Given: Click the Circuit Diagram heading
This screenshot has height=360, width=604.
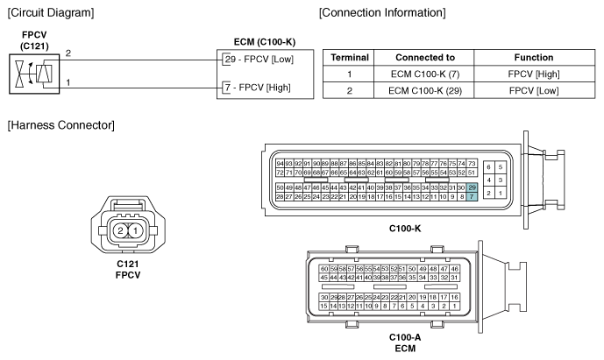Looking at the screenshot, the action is coord(51,13).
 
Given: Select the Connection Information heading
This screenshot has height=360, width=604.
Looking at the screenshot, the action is coord(382,13).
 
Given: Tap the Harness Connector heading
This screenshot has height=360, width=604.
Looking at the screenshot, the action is coord(60,125).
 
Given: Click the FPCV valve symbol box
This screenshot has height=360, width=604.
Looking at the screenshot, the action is coord(34,74).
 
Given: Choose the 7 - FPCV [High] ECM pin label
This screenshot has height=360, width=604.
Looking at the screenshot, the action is coord(258,88).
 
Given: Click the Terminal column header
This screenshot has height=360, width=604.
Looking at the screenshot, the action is coord(350,57).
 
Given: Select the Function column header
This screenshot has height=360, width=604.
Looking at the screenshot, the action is coord(534,57).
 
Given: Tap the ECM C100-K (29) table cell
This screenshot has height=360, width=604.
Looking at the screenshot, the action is coord(425,91).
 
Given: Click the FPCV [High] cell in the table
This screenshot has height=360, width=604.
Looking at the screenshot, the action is coord(534,74).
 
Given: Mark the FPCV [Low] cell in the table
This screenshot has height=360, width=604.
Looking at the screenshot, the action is coord(534,91).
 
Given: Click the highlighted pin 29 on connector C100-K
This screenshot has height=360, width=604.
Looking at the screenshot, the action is coord(472,187).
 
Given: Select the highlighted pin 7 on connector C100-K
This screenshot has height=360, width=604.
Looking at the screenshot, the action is coord(472,196).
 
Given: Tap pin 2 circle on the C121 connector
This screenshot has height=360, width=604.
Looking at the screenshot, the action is coord(120,231).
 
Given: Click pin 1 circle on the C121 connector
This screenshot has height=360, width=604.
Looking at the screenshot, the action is coord(135,231).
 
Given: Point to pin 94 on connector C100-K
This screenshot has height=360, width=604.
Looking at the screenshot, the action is coord(280,164).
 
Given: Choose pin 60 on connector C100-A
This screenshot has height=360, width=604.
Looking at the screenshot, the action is coord(324,269).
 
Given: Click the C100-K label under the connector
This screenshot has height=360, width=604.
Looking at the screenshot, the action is coord(405,229).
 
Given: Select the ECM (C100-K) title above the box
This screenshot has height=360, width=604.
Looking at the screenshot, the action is coord(265,42).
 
